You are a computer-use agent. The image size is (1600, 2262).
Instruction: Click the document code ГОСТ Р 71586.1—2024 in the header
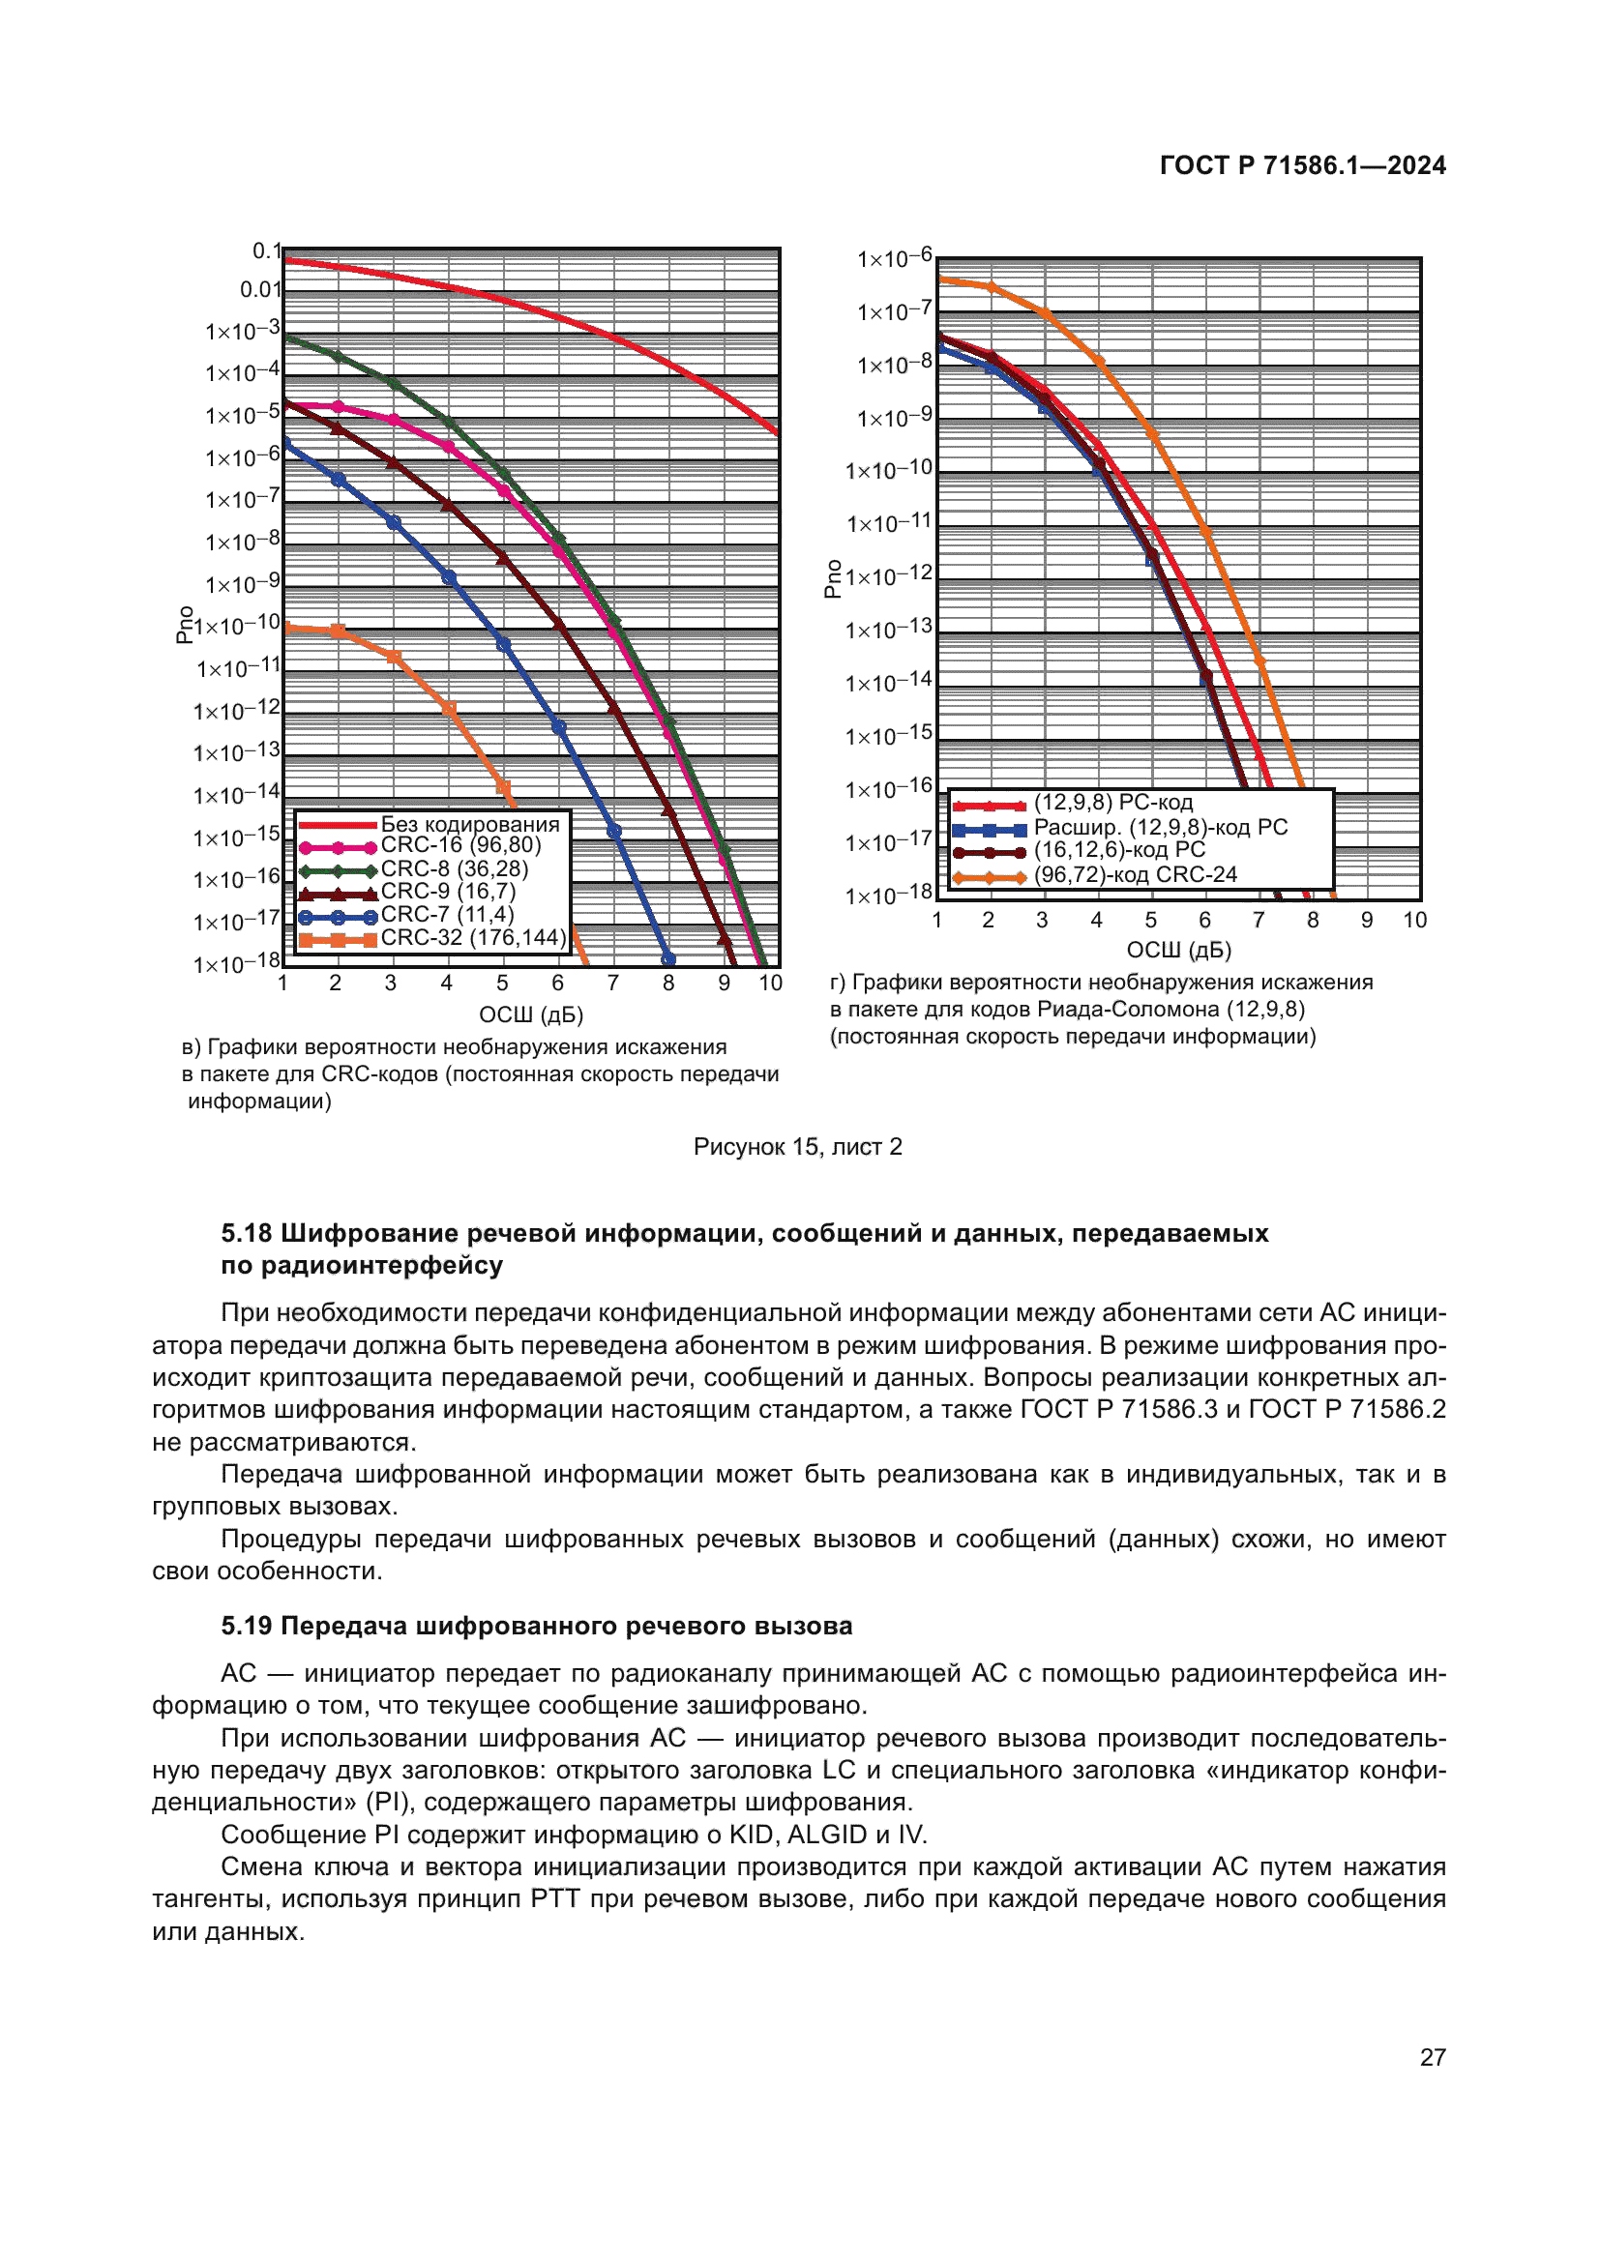[1301, 165]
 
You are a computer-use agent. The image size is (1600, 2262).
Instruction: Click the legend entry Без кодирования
[469, 824]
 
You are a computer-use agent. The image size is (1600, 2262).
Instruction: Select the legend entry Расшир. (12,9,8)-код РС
[1160, 828]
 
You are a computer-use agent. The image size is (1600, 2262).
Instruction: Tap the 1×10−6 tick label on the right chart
[894, 259]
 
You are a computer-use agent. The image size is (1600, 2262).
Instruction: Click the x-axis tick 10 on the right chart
[1414, 920]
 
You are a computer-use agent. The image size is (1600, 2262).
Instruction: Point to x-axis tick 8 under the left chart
[668, 984]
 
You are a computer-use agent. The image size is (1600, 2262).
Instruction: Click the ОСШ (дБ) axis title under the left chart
[531, 1014]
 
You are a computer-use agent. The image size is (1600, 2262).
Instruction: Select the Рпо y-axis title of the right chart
[833, 579]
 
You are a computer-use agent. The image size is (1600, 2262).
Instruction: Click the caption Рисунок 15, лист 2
[797, 1147]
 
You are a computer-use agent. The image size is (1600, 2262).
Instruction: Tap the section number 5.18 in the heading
[247, 1233]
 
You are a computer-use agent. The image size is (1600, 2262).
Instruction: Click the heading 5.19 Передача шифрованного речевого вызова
[536, 1626]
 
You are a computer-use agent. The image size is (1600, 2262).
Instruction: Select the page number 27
[1432, 2057]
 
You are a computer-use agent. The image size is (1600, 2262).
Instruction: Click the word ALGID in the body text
[825, 1835]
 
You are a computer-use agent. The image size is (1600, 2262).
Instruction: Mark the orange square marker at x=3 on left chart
[393, 657]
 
